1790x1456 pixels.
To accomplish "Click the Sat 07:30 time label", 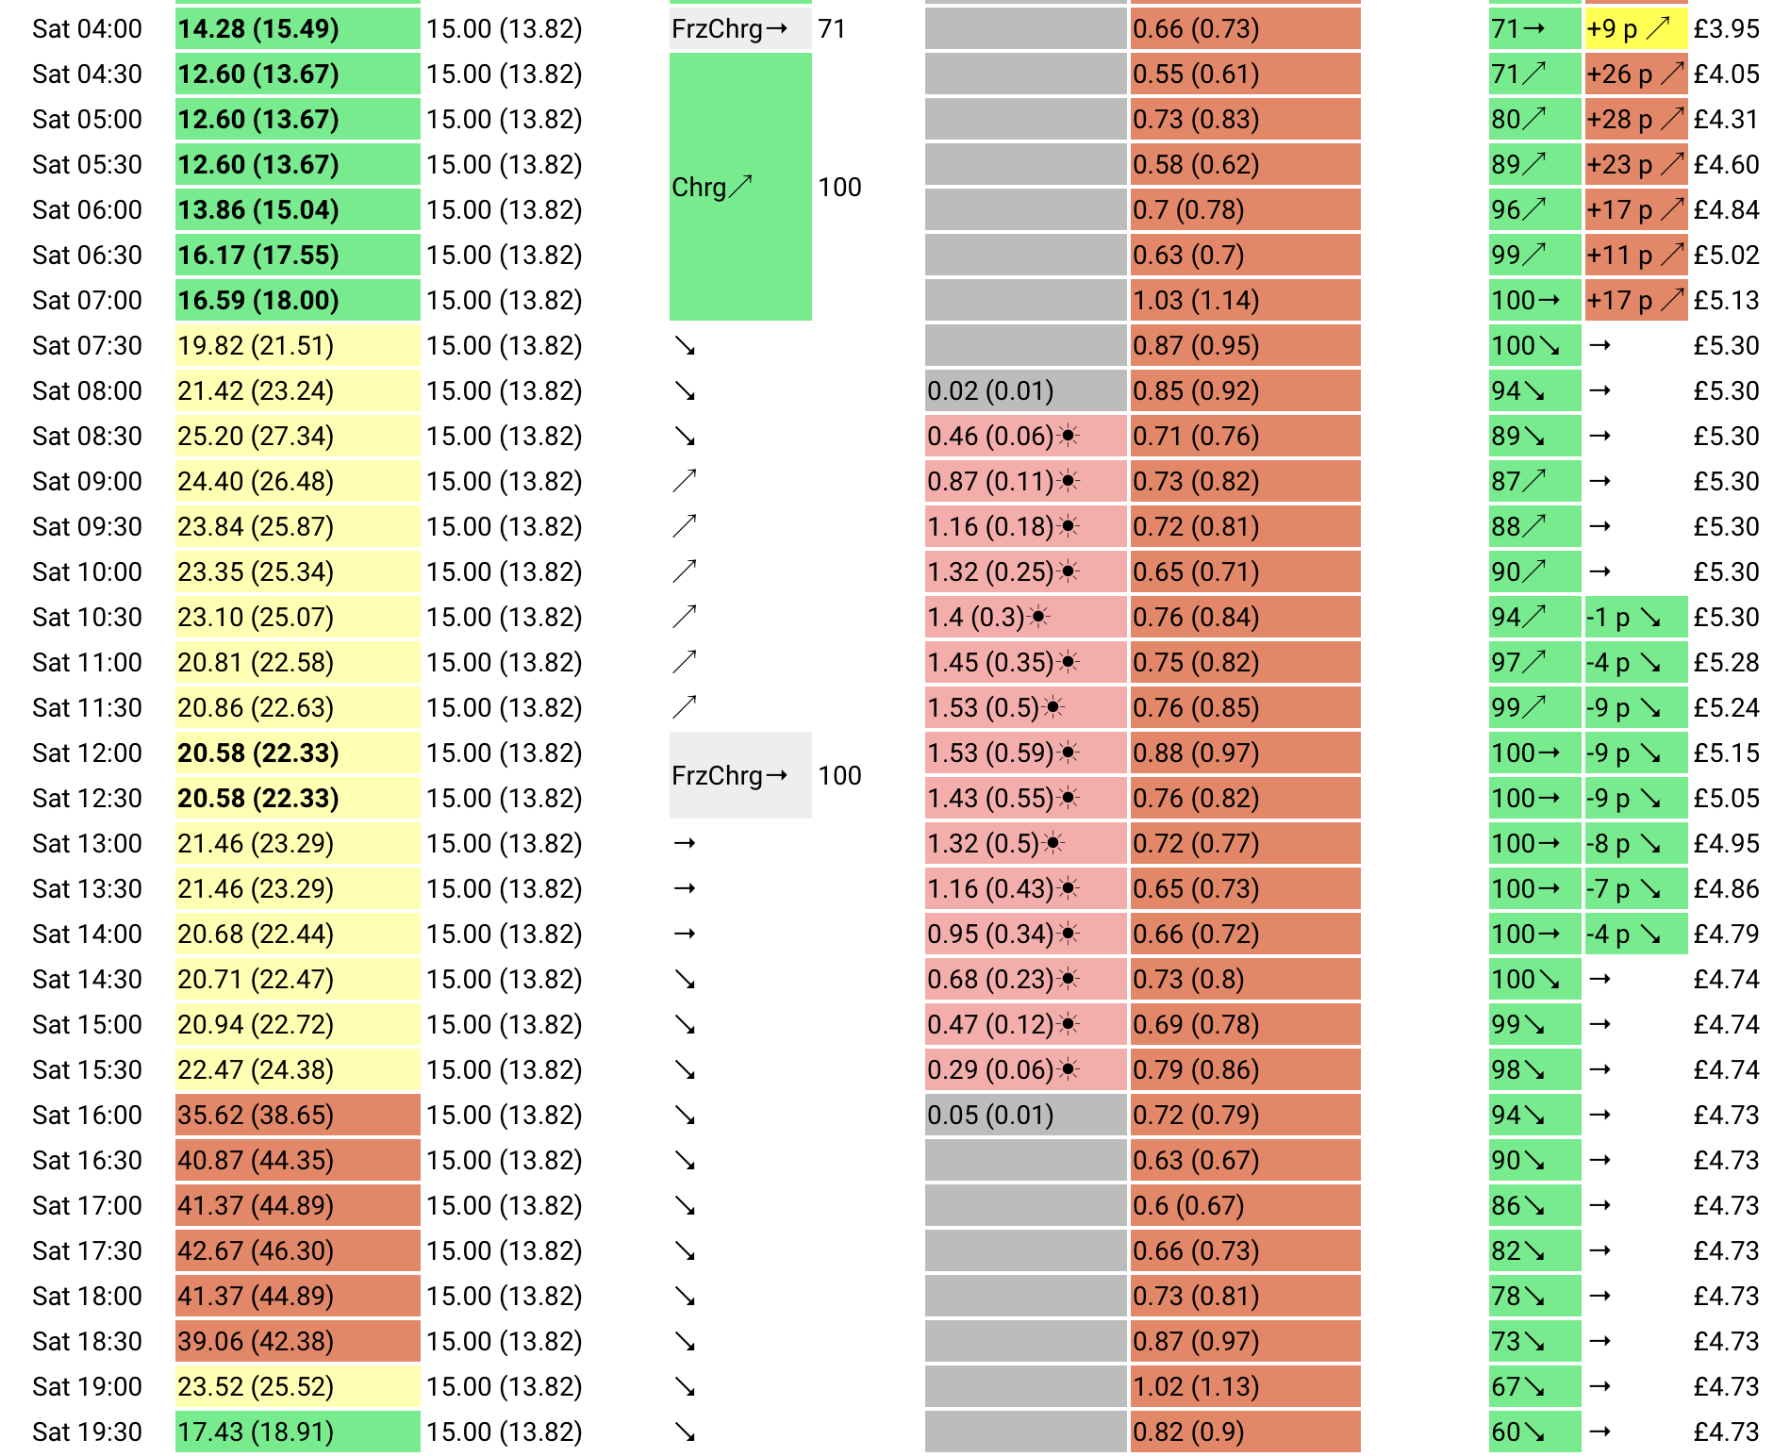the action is (x=87, y=345).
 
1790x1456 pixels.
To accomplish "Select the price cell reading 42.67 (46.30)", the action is (x=297, y=1250).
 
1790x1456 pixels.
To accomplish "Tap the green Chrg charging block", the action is (x=740, y=187).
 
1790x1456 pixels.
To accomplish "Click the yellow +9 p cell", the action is (x=1635, y=28).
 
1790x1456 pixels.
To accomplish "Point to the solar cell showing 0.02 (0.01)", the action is (x=1025, y=390).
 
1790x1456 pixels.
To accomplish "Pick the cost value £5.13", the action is (x=1726, y=300).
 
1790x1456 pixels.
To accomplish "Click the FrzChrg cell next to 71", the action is (x=740, y=28).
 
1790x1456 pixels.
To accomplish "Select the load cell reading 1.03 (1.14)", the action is (x=1245, y=300).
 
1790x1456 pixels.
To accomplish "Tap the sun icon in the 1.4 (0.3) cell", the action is (x=1038, y=617).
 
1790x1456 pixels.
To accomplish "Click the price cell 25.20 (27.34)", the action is (x=297, y=436).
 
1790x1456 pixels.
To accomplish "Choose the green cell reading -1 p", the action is (x=1635, y=617).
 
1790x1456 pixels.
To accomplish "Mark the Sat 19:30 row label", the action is (x=87, y=1431).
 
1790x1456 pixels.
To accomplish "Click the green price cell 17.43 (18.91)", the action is (x=297, y=1431).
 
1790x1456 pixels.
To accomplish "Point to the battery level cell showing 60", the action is (x=1534, y=1431).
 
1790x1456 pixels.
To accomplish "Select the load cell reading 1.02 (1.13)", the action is (x=1245, y=1386).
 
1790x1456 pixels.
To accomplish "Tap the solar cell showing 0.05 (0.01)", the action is (x=1025, y=1115).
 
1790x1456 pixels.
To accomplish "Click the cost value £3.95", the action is (x=1726, y=28).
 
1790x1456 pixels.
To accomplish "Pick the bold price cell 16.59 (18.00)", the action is (x=297, y=300).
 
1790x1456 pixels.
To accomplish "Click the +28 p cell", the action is (x=1635, y=119).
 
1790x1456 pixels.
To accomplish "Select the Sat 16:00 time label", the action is (x=87, y=1115).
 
